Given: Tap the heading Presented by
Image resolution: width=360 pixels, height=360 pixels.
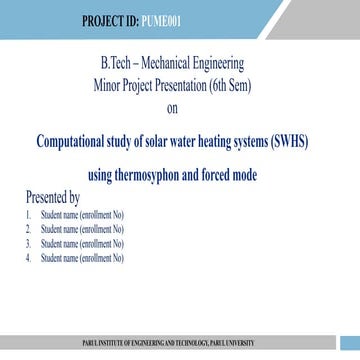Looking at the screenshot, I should coord(52,197).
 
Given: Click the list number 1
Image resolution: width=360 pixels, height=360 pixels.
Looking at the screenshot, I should coord(29,215).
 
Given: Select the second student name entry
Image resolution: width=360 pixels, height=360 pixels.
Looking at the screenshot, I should coord(81,229).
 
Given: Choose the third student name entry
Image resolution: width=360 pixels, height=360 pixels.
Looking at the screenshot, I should coord(81,243).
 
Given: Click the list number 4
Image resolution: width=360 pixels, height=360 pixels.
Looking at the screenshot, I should coord(29,257).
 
